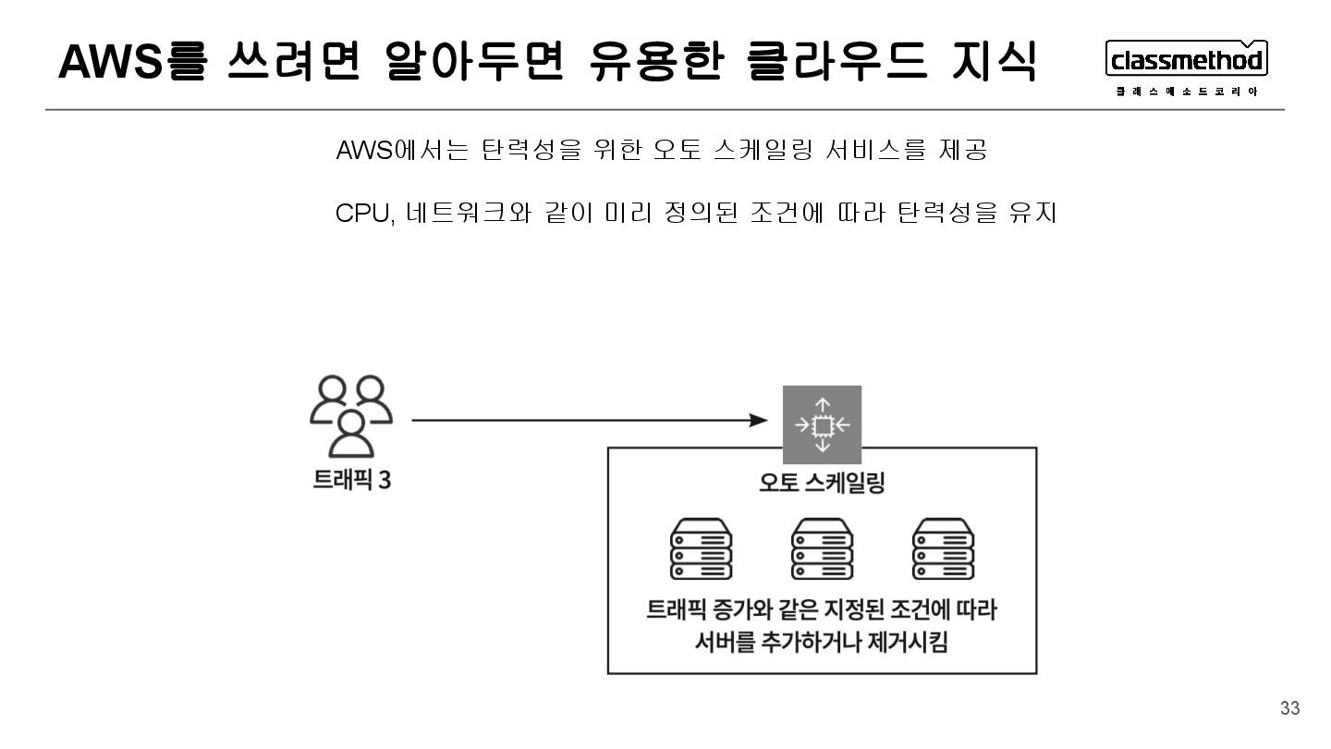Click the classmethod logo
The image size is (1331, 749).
point(1187,61)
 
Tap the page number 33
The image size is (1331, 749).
point(1289,708)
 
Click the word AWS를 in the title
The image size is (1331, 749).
point(129,62)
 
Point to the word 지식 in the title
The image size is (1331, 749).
point(993,62)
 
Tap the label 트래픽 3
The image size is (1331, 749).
point(351,481)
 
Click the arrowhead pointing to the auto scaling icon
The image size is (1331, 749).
point(760,421)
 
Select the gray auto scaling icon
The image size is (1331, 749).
point(822,424)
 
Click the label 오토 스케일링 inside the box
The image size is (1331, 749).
point(822,483)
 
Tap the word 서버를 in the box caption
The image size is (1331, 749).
point(727,642)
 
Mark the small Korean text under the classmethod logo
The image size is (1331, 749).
point(1187,92)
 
